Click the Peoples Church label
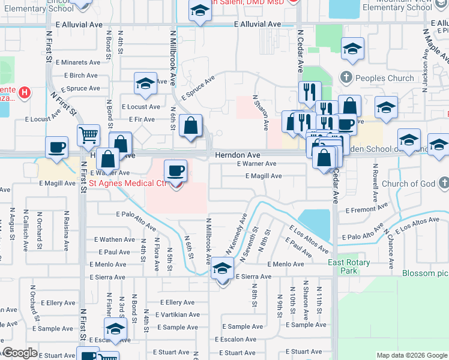tap(385, 78)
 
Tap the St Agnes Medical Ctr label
tap(127, 183)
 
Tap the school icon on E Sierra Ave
tap(222, 271)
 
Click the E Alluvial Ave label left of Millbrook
tap(77, 25)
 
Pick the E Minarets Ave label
tap(77, 62)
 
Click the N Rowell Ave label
tap(375, 182)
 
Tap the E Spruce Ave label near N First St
tap(75, 89)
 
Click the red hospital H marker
tap(24, 92)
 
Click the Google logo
tap(20, 353)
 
